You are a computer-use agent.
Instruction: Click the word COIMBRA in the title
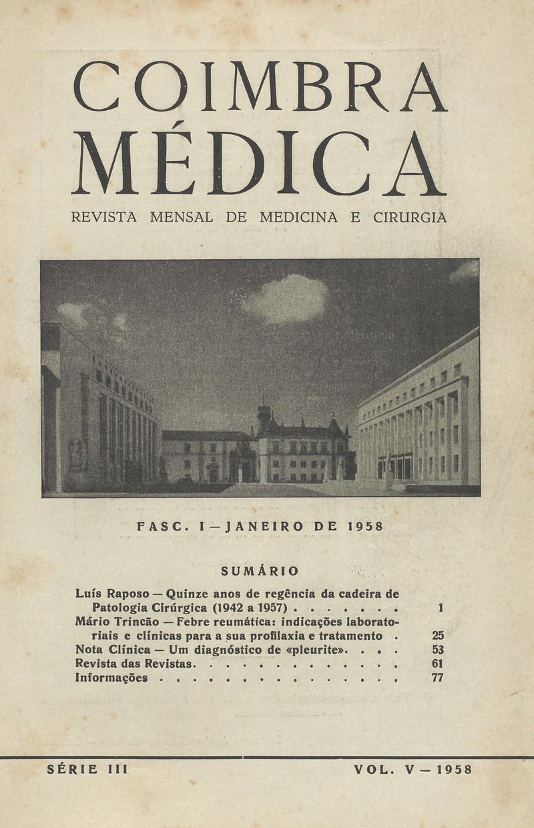click(260, 86)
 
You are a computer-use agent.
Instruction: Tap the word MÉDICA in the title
click(260, 164)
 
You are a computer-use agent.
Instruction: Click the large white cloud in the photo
click(285, 298)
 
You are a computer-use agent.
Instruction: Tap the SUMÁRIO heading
click(260, 571)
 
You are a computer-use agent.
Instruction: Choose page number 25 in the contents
click(438, 636)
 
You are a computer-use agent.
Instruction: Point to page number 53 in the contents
click(438, 650)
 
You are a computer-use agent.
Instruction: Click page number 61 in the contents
click(438, 664)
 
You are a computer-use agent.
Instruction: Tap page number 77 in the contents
click(438, 678)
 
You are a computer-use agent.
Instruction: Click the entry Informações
click(111, 678)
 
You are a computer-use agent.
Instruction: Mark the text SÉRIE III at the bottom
click(87, 769)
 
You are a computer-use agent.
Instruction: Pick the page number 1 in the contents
click(441, 608)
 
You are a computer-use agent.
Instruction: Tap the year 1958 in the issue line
click(365, 526)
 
